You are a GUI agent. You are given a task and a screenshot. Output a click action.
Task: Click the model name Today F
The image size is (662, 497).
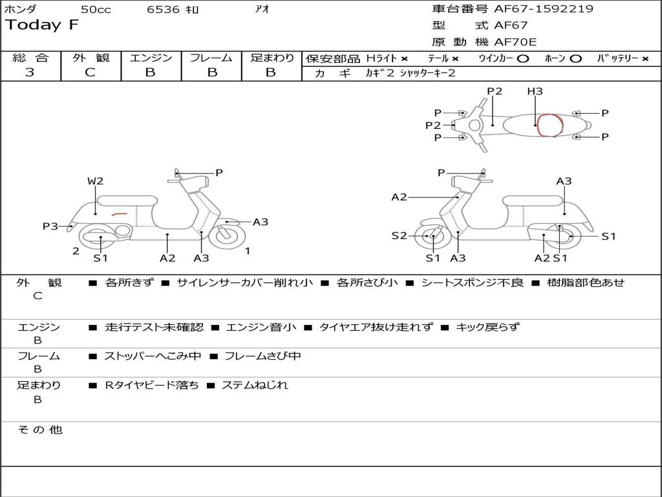tap(42, 25)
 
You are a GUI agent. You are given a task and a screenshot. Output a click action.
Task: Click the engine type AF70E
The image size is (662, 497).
tap(515, 42)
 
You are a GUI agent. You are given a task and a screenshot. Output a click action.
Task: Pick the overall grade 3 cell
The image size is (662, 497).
tap(30, 72)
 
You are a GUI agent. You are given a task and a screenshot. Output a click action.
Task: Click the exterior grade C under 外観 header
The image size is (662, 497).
tap(90, 72)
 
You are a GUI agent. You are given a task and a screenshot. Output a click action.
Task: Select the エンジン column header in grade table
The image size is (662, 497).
tap(151, 58)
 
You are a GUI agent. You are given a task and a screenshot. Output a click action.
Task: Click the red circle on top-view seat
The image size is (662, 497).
tap(550, 125)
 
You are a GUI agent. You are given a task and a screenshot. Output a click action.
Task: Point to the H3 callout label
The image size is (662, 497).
tap(535, 91)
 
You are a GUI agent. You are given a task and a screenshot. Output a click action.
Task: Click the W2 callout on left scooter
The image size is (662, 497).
tap(95, 181)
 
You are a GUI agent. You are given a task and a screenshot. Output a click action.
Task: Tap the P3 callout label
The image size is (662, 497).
tap(50, 226)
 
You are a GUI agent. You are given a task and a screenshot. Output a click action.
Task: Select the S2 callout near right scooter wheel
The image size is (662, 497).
tap(399, 236)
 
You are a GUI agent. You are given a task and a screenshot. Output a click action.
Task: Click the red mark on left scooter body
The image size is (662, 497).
tap(118, 214)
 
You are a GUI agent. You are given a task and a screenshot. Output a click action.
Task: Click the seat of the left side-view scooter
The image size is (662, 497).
tap(126, 201)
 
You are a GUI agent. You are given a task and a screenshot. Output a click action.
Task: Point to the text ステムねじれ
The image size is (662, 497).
tap(255, 385)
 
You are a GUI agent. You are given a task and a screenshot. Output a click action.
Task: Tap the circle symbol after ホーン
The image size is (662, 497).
tap(575, 58)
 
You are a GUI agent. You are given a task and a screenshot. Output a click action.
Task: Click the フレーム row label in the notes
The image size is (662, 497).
tap(38, 356)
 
